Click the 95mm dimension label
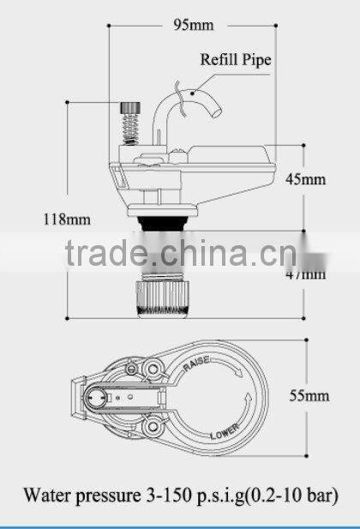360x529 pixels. (195, 24)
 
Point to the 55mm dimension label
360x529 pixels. (309, 395)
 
